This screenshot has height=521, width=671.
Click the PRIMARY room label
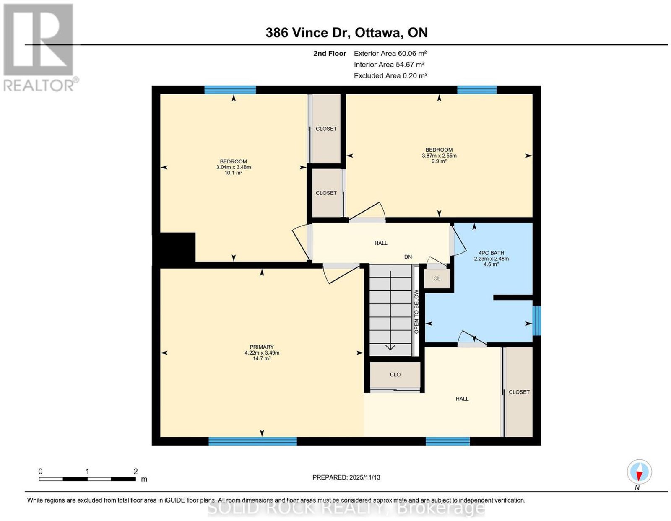262,347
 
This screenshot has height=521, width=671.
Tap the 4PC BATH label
491,253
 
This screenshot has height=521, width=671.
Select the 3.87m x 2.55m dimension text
439,156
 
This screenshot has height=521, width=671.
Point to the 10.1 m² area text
234,173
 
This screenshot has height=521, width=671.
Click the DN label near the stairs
408,257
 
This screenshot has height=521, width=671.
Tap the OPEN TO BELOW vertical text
416,311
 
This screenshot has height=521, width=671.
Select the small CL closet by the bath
437,279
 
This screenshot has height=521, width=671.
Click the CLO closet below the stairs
395,374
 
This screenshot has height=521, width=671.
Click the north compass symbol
639,472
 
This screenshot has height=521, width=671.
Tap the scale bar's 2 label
135,472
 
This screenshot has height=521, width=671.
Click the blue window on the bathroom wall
537,321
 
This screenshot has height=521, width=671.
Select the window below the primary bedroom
252,441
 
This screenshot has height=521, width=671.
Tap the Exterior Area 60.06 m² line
390,53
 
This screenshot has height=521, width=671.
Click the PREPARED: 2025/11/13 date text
346,477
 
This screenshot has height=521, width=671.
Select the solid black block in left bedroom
174,249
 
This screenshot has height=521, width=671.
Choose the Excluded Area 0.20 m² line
390,75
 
